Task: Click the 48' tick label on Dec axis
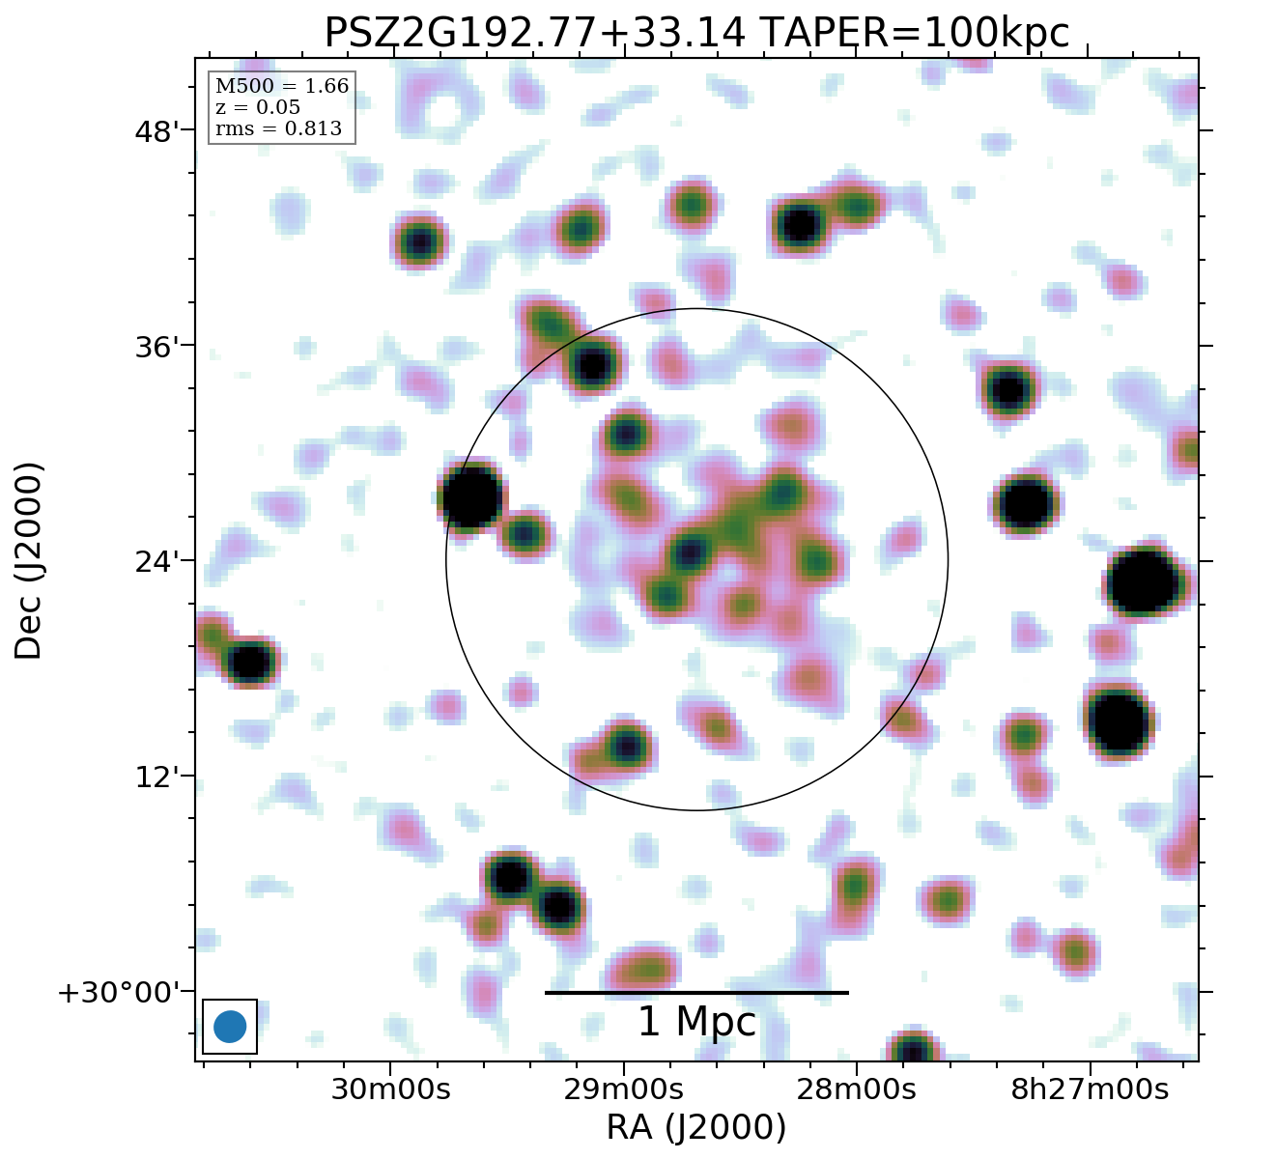coord(156,130)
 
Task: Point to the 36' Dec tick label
coord(156,346)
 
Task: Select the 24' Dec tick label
coord(156,561)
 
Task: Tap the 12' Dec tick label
coord(156,777)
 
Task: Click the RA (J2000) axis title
coord(695,1127)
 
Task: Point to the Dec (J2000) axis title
coord(29,560)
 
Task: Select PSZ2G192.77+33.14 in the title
coord(535,33)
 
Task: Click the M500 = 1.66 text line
coord(281,86)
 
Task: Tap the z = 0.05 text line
coord(257,107)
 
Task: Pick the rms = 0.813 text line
coord(278,128)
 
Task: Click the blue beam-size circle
coord(230,1026)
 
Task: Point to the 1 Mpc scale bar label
coord(696,1022)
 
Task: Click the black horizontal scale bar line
coord(696,992)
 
